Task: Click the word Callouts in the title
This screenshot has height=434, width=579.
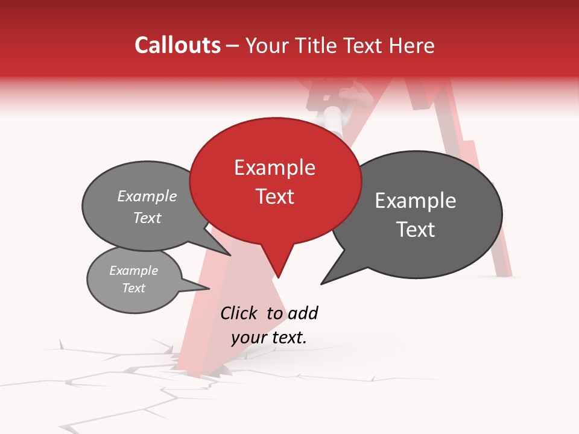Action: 177,45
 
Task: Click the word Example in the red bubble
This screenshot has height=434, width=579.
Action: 275,168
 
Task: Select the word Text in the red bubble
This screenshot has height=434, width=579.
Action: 275,197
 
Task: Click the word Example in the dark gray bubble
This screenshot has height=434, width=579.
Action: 416,201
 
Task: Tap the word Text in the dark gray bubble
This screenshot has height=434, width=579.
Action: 416,230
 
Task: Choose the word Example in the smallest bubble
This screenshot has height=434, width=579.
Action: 134,271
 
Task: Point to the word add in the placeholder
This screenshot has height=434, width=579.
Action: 303,313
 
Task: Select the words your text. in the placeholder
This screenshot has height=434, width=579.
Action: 269,338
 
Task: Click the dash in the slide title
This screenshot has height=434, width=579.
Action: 232,46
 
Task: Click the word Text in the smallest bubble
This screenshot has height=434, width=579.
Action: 134,288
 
